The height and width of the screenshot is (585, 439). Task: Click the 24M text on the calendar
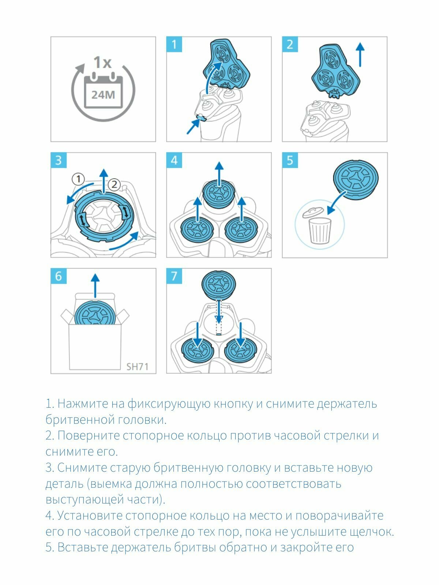(103, 95)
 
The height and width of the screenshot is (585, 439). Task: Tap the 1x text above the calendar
(102, 63)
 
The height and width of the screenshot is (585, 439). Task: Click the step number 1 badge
(174, 44)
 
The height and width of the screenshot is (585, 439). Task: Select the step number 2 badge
(290, 44)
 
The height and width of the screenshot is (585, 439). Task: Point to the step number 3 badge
(59, 160)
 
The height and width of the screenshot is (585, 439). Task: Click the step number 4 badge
(174, 160)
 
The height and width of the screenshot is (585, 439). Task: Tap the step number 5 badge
(290, 160)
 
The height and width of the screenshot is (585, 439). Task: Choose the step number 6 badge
(59, 276)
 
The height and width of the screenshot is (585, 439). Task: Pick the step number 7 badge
(174, 276)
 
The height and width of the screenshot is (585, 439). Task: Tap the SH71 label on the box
(137, 366)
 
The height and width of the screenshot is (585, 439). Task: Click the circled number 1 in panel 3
(78, 179)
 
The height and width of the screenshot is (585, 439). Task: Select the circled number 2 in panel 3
(114, 184)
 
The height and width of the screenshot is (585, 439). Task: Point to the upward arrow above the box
(95, 285)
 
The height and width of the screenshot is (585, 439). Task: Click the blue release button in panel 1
(201, 118)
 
